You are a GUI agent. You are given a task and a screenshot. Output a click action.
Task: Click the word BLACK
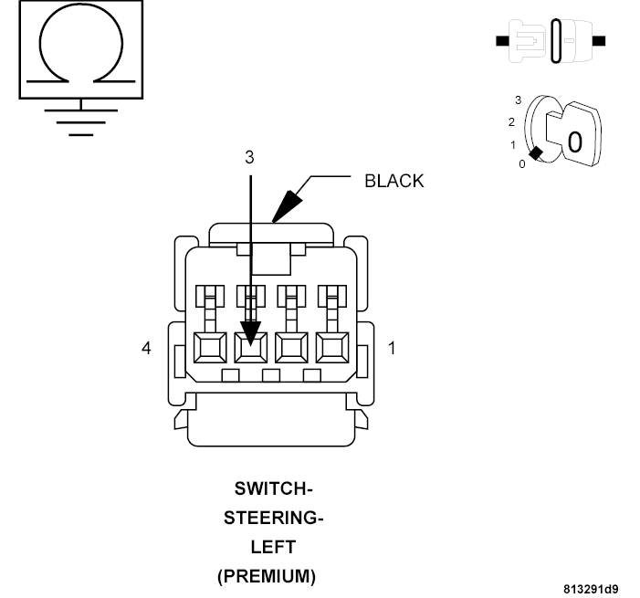[x=393, y=181]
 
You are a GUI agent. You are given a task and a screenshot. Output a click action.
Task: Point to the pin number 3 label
[x=249, y=157]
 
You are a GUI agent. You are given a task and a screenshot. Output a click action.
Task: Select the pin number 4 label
[x=145, y=348]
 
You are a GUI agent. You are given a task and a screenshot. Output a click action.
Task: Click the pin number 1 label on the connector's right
[x=392, y=348]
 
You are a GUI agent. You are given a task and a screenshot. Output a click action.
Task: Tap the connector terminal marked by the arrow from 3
[x=249, y=348]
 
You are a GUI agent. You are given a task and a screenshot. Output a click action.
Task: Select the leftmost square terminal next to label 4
[x=209, y=348]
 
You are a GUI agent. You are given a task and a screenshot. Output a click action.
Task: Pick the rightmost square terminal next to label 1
[x=330, y=348]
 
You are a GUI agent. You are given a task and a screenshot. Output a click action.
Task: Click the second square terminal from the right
[x=290, y=348]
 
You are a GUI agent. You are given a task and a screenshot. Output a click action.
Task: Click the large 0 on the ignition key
[x=573, y=142]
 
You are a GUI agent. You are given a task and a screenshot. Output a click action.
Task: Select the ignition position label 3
[x=518, y=100]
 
